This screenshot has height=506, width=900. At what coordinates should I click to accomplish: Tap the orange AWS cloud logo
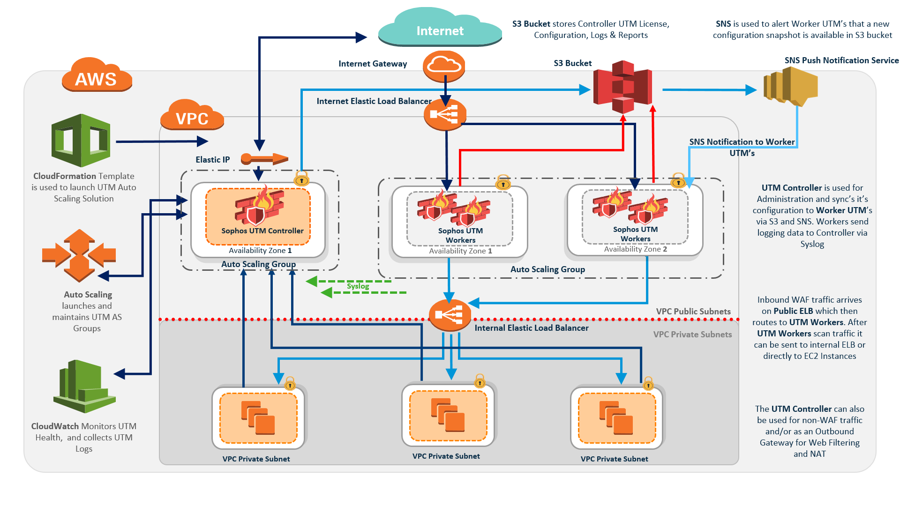pos(97,76)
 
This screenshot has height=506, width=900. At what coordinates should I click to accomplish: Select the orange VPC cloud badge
pos(192,116)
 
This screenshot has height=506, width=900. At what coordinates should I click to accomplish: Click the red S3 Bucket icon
pos(622,87)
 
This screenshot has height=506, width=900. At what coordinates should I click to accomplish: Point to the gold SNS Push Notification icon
pos(791,86)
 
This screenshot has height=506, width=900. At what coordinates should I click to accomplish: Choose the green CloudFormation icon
pos(81,140)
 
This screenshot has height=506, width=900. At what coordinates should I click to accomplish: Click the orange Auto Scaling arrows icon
pos(79,255)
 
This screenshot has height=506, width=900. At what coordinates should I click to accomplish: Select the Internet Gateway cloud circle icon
pos(444,66)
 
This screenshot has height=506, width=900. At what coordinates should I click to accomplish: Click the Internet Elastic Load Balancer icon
pos(445,114)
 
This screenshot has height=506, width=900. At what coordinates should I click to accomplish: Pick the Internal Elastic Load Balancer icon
pos(450,315)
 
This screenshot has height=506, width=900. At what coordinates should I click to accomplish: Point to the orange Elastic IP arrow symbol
pos(264,159)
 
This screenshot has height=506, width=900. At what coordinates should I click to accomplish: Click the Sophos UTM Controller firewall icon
pos(259,206)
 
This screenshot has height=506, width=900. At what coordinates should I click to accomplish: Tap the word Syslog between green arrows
pos(358,286)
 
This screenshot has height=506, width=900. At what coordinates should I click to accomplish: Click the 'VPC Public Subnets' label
pos(693,312)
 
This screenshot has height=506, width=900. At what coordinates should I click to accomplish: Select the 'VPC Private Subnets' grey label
pos(692,335)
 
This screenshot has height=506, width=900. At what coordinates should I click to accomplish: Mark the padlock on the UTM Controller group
pos(301,178)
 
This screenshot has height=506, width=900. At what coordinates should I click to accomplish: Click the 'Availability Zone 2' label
pos(635,249)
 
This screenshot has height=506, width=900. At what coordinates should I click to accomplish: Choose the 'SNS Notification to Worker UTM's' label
pos(742,147)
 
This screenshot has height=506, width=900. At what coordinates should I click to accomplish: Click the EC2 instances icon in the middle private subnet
pos(448,415)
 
